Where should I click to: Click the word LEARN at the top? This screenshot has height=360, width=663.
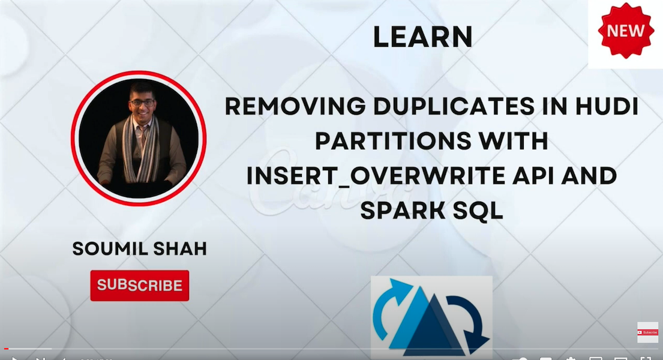422,37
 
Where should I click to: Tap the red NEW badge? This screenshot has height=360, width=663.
626,31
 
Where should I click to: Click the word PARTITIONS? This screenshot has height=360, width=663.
393,141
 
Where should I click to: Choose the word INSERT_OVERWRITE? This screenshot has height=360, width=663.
376,176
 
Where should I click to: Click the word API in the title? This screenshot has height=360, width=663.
533,176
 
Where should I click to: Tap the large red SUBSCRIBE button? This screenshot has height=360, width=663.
140,286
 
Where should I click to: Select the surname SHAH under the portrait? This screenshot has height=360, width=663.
180,249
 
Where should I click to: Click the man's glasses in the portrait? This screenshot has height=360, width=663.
143,103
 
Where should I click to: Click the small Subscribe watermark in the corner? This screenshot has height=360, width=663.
648,332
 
